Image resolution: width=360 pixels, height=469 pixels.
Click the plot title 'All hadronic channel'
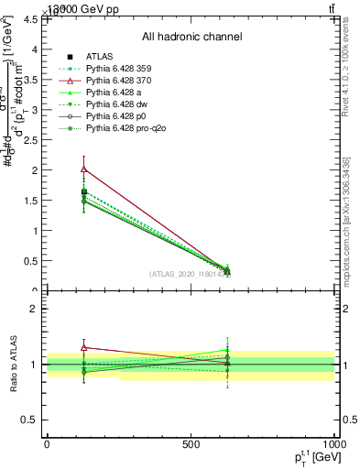coord(191,38)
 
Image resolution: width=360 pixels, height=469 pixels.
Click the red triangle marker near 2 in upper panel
coord(84,169)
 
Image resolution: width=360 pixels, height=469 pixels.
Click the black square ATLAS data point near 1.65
coord(84,191)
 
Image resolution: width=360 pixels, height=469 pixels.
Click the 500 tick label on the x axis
coord(191,443)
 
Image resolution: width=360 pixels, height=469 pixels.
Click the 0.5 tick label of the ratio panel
coord(30,420)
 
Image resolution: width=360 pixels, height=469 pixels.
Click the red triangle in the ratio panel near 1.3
coord(84,347)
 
